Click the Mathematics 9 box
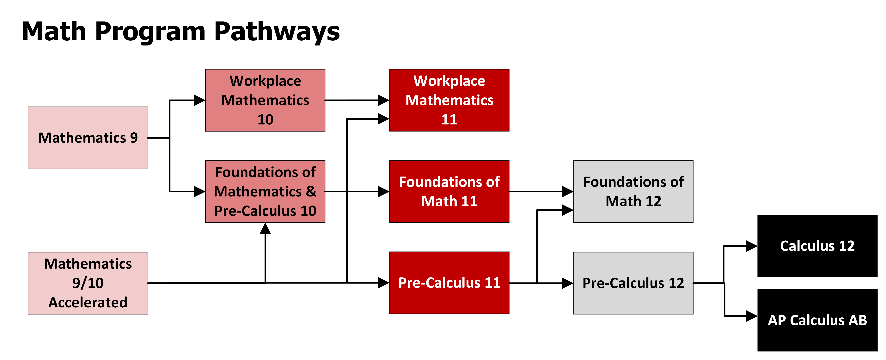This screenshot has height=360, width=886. point(88,138)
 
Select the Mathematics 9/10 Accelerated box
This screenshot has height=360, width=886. point(88,283)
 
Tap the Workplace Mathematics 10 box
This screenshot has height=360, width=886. point(265,100)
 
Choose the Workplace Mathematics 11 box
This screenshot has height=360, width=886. point(449,100)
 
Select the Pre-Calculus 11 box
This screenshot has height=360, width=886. point(449,283)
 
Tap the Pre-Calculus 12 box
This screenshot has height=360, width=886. point(633,283)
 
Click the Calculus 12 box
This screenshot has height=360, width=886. point(817,246)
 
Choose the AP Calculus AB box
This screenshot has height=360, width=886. point(817,320)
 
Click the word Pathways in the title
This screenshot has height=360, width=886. point(277,32)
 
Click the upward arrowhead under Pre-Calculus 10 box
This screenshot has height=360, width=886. point(265,229)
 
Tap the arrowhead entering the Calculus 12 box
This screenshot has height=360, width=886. point(752,246)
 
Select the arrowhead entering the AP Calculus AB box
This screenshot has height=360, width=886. point(752,316)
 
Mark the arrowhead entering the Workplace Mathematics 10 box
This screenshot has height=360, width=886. point(199,100)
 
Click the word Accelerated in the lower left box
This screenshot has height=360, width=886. point(88,302)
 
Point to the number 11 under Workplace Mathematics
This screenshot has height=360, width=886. point(449,119)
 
